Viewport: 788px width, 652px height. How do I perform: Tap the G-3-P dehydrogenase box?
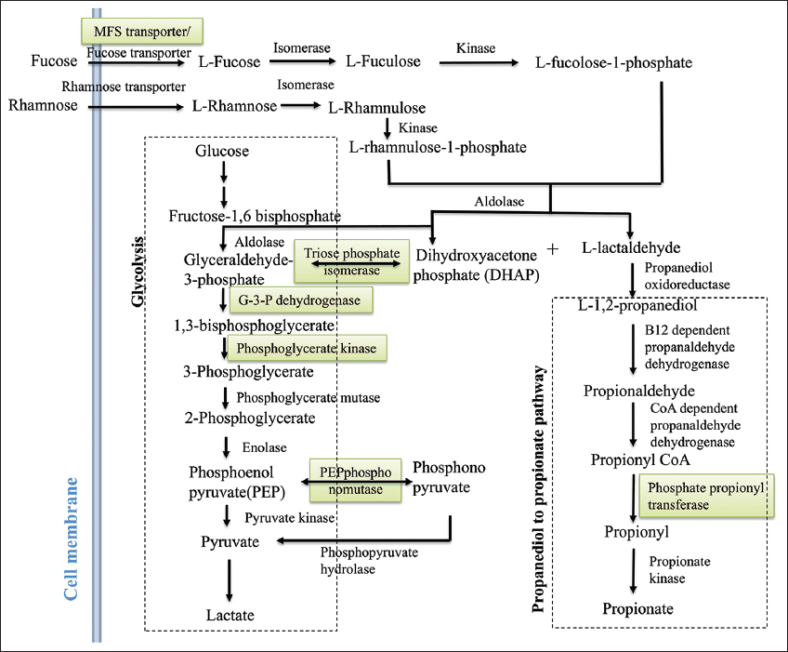tap(301, 300)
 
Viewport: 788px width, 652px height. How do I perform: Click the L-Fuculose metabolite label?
tap(383, 62)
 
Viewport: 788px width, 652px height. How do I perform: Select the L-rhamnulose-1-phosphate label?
tap(439, 147)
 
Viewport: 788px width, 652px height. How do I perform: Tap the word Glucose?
tap(222, 151)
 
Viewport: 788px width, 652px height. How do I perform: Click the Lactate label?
tap(230, 615)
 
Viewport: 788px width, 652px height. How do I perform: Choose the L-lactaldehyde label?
tap(632, 248)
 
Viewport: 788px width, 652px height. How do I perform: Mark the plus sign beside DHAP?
tap(554, 249)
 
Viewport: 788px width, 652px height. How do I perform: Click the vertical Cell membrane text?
tap(69, 549)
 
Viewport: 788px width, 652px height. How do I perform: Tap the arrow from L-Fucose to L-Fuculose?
tap(301, 62)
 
